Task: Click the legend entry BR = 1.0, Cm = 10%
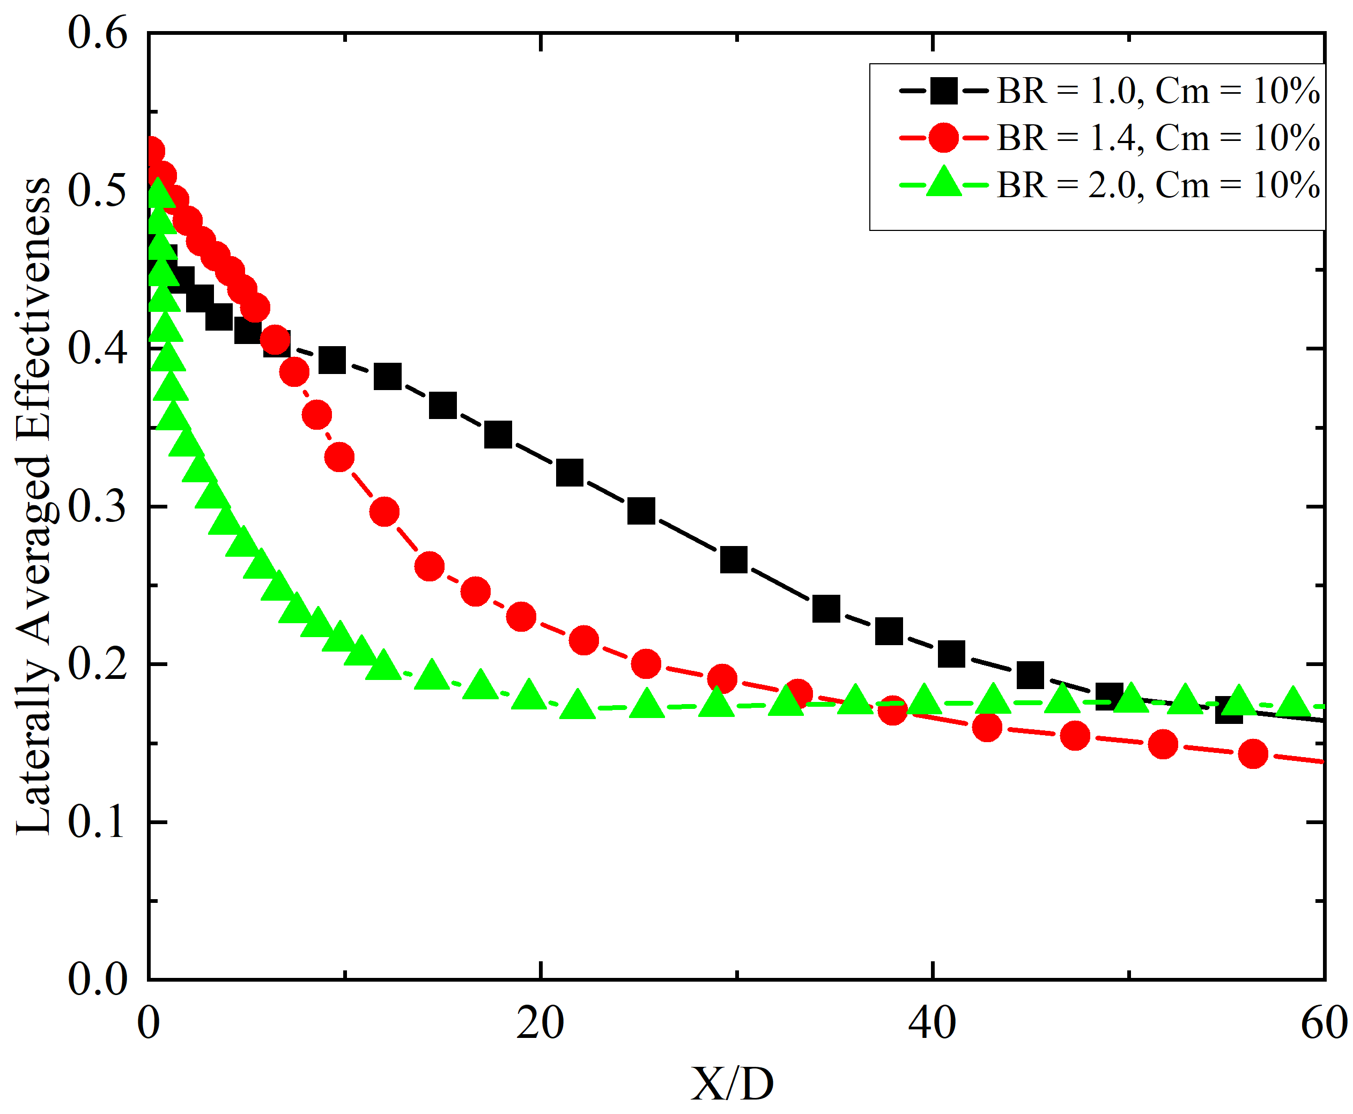1158,91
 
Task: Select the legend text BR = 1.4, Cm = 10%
1158,138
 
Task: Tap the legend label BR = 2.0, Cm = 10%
1158,185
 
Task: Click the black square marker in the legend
943,91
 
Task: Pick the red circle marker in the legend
943,138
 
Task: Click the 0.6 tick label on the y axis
98,33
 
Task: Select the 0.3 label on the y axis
98,507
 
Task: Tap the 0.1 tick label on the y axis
98,823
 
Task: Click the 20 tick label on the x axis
540,1023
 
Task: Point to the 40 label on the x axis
931,1023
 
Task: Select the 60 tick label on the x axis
1324,1023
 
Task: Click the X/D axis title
732,1085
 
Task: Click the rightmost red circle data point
1253,753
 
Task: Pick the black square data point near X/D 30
733,559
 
